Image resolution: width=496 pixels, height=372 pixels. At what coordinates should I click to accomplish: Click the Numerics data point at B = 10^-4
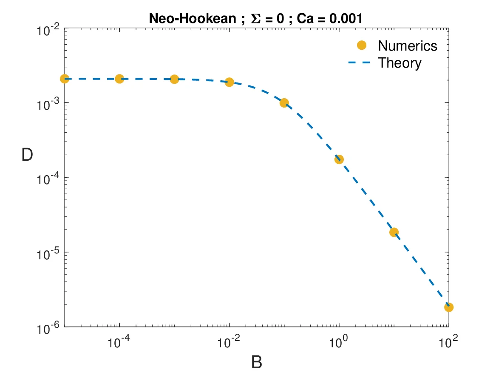click(119, 79)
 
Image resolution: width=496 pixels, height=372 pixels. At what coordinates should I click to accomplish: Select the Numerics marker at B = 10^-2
click(229, 82)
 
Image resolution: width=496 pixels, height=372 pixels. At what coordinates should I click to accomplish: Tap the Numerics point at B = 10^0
click(339, 159)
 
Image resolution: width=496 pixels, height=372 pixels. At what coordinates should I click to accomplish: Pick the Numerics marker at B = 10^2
click(449, 307)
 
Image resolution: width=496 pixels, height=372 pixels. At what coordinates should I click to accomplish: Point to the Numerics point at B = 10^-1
click(284, 102)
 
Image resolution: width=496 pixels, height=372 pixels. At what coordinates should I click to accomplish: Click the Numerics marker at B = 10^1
click(394, 232)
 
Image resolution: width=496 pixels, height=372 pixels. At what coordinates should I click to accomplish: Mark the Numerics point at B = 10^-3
click(174, 79)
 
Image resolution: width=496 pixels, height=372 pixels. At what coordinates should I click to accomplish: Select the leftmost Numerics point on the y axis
click(65, 79)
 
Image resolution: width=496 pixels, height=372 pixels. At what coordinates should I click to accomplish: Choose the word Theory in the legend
click(400, 63)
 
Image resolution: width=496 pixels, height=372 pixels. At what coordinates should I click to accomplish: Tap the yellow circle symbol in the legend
click(362, 45)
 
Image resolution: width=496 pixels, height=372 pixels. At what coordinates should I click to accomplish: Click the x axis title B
click(256, 362)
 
